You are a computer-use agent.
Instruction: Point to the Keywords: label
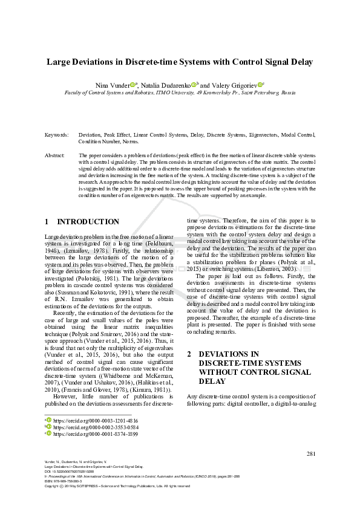click(56, 135)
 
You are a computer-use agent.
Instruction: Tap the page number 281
click(311, 453)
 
